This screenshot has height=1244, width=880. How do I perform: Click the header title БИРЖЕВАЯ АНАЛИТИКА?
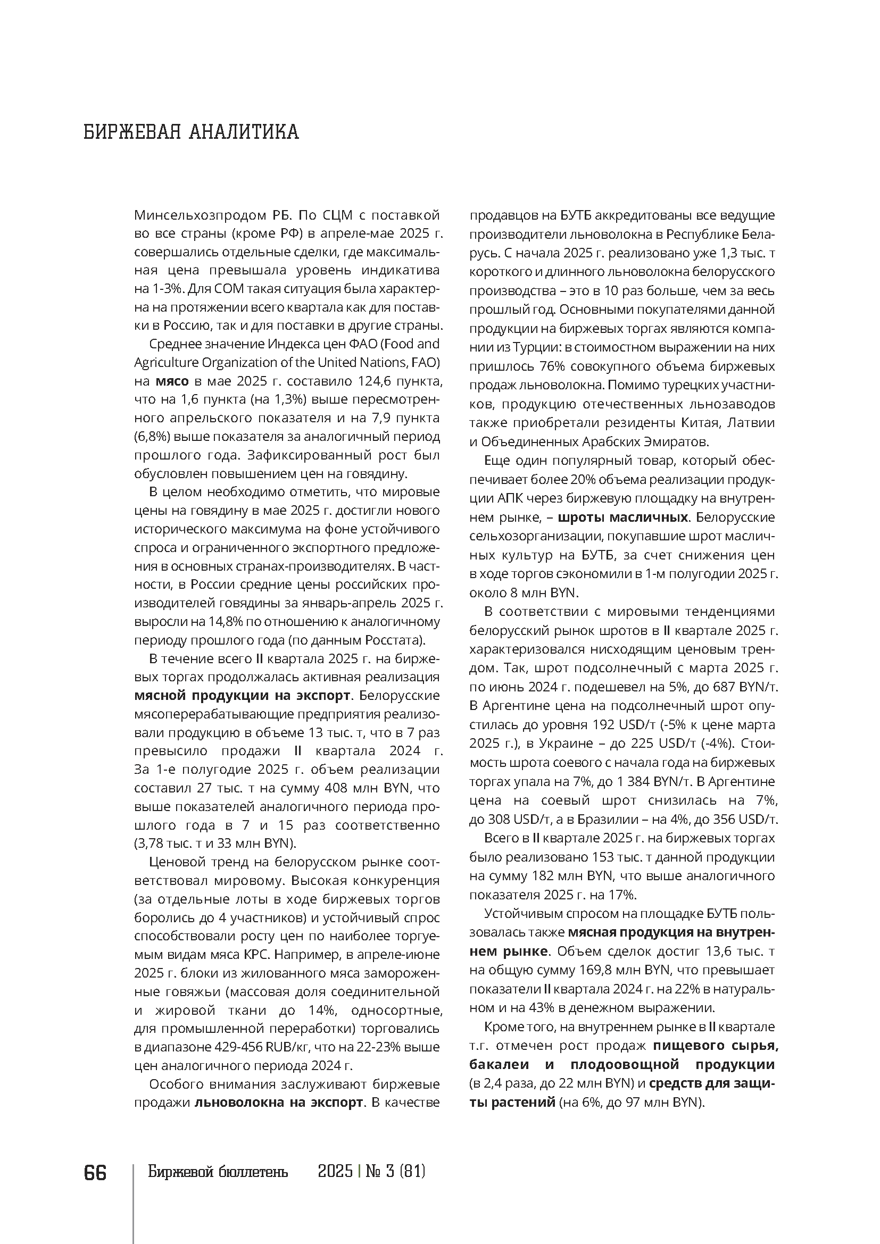point(191,132)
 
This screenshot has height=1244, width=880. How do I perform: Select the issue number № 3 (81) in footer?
point(395,1172)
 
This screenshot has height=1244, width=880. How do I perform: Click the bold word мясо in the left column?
point(172,381)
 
